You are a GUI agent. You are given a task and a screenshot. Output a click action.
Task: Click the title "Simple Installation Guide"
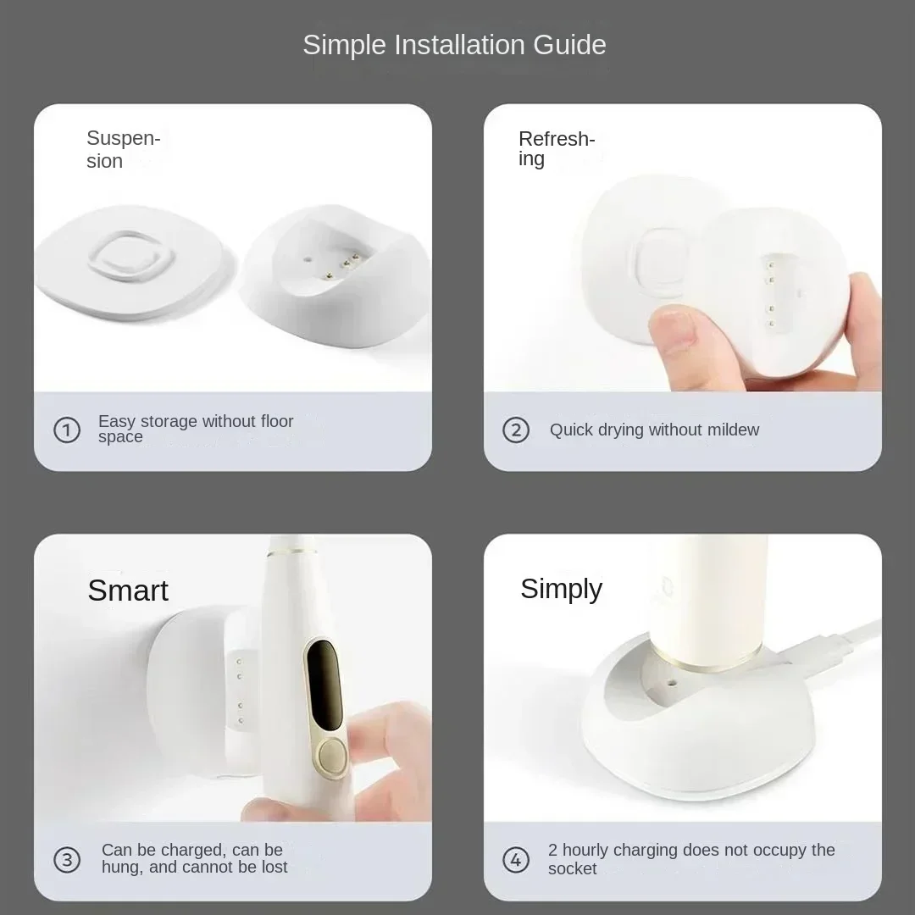click(x=454, y=45)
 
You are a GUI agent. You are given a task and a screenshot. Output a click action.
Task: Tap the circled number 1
click(x=67, y=430)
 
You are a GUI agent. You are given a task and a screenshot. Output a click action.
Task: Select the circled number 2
click(x=516, y=430)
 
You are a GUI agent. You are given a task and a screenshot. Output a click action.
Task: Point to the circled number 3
click(x=67, y=860)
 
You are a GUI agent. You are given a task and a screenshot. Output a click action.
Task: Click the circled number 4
click(x=516, y=860)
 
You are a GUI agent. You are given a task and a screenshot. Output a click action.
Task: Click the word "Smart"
click(x=128, y=591)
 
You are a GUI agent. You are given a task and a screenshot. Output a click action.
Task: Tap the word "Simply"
click(x=561, y=589)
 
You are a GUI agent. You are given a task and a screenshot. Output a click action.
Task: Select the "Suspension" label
click(x=123, y=150)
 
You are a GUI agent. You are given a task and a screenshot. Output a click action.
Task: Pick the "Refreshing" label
click(x=557, y=148)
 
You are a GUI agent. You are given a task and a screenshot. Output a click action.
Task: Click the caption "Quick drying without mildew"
click(x=654, y=430)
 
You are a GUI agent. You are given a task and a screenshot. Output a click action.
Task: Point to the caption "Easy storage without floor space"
click(x=195, y=429)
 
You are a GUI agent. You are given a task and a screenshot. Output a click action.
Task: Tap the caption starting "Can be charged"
click(x=194, y=858)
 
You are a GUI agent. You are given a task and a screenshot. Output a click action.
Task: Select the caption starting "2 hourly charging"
click(x=690, y=858)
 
